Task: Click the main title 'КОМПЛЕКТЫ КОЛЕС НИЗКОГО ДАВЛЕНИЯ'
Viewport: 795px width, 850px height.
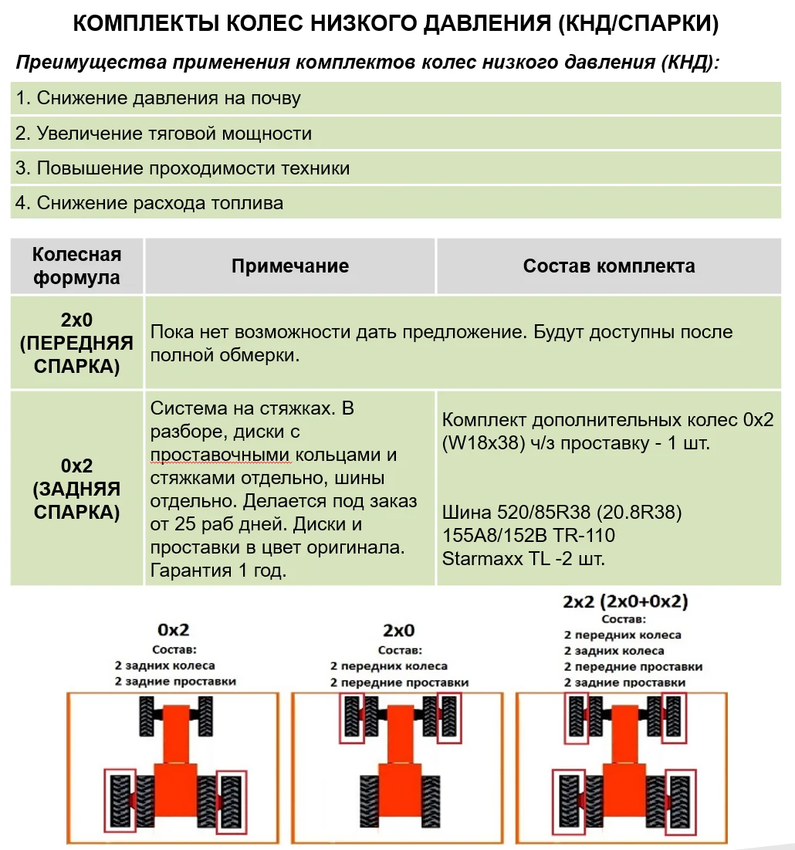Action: coord(395,24)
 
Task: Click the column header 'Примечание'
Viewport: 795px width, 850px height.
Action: coord(290,266)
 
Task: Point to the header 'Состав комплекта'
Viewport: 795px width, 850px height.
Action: coord(608,266)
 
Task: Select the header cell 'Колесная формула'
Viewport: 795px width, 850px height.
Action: coord(76,266)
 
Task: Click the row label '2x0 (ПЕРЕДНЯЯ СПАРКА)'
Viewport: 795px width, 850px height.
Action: coord(76,343)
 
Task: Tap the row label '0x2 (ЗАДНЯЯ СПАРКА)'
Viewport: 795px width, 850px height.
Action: coord(76,489)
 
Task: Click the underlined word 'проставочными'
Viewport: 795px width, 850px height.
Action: coord(209,455)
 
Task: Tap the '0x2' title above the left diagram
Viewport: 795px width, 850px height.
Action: coord(174,629)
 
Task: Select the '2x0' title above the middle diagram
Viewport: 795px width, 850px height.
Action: coord(400,630)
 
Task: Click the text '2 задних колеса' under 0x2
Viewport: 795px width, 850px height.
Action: coord(164,665)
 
